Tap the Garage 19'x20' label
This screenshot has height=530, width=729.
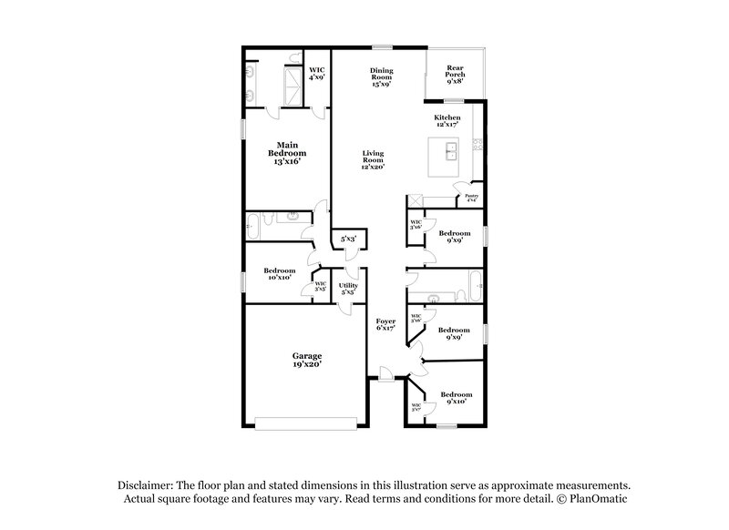click(306, 359)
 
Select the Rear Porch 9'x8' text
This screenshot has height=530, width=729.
click(454, 73)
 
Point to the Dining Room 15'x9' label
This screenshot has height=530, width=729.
click(381, 77)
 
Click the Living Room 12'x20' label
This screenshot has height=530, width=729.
click(372, 160)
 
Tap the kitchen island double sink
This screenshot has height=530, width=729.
click(449, 151)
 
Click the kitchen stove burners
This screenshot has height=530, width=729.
click(477, 144)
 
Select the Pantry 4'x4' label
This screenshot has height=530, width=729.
click(471, 198)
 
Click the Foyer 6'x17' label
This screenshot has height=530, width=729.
click(386, 325)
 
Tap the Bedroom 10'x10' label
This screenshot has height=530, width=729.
click(279, 273)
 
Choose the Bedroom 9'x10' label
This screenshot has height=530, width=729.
click(455, 397)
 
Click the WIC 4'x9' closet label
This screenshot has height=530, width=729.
click(316, 73)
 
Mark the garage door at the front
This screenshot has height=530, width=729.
click(305, 423)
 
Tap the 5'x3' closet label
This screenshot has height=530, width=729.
click(348, 240)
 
